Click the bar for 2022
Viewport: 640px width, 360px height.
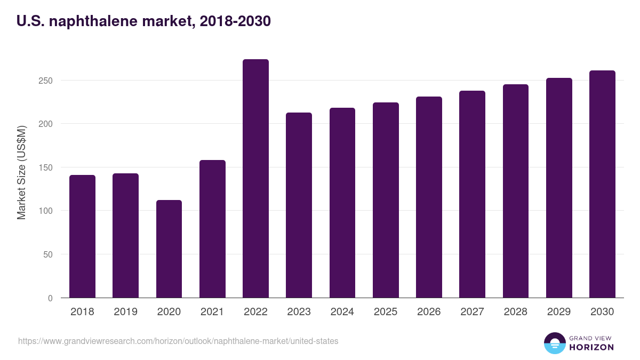coord(255,179)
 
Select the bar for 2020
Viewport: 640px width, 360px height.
coord(169,249)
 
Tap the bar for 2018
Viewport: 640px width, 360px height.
coord(82,236)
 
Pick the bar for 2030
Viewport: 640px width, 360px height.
coord(602,184)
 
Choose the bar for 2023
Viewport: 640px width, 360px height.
coord(299,205)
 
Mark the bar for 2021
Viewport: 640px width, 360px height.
coord(212,229)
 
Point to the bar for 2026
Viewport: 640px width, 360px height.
coord(429,197)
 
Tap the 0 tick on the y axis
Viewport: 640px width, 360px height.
coord(50,298)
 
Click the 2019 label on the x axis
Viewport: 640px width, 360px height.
coord(125,312)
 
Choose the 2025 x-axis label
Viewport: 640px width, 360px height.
coord(386,312)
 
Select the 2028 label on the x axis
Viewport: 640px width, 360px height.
coord(515,312)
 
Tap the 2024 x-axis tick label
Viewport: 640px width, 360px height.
coord(342,312)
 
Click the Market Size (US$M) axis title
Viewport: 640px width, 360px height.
coord(21,172)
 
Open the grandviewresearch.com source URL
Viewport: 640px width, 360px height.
coord(178,341)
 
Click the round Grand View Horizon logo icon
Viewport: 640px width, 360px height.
coord(554,343)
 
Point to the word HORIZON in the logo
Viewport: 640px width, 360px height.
coord(591,347)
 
